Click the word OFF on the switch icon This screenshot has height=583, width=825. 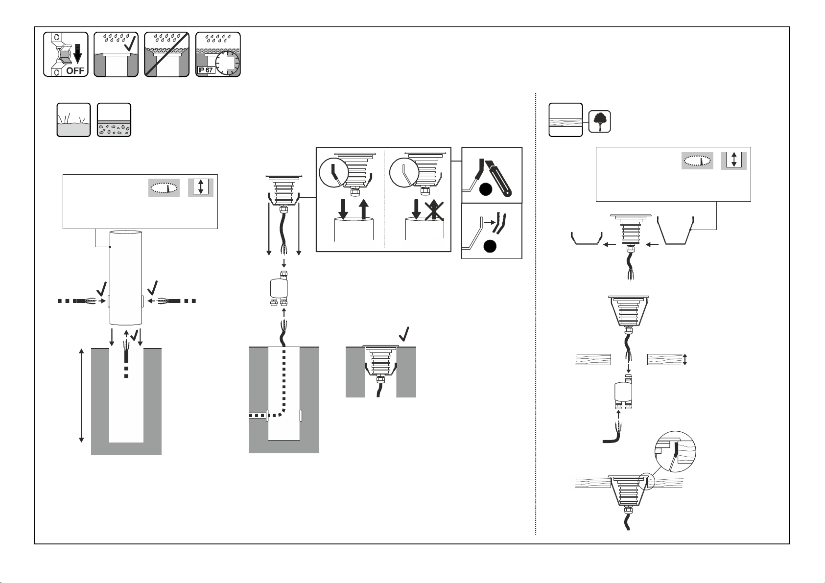[x=75, y=70]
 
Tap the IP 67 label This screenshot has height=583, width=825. [x=206, y=70]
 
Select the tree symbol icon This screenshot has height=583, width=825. [x=600, y=121]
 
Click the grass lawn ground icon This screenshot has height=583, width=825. [x=73, y=120]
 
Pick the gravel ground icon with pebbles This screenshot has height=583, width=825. [x=114, y=120]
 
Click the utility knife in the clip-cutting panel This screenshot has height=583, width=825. [x=498, y=178]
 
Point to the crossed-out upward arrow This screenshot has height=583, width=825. [x=434, y=210]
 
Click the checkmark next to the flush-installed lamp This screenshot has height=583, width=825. [x=404, y=334]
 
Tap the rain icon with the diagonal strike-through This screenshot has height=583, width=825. [x=167, y=54]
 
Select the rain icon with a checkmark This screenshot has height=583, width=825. [x=116, y=54]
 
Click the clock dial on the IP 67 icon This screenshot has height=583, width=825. [x=228, y=63]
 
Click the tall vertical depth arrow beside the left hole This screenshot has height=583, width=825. [x=82, y=396]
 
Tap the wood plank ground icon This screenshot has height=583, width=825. [x=566, y=120]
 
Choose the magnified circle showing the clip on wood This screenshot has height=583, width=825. [x=676, y=451]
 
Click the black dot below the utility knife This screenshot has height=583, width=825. [x=486, y=189]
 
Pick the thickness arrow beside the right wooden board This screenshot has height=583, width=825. [x=685, y=359]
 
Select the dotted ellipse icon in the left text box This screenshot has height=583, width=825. [x=164, y=188]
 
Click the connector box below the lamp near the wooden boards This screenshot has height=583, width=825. [x=623, y=392]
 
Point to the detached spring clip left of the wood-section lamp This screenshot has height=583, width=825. [x=587, y=238]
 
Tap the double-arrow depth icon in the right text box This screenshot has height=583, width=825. [x=734, y=161]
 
